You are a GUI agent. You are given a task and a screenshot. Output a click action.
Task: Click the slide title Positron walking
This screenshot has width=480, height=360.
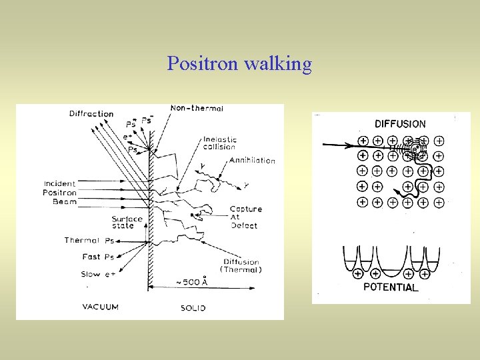239,64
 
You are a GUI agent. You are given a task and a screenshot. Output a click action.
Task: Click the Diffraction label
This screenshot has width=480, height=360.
91,114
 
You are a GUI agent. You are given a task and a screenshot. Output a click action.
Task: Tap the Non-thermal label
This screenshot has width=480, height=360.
197,108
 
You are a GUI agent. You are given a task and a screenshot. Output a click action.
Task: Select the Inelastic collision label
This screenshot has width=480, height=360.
220,144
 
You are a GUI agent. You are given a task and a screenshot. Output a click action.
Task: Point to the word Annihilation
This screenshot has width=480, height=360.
252,161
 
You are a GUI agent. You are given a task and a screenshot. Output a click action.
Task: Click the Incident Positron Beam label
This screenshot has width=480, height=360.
60,193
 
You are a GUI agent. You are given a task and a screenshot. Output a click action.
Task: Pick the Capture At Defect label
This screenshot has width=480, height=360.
245,217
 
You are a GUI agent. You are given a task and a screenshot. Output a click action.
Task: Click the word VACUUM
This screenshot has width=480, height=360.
101,307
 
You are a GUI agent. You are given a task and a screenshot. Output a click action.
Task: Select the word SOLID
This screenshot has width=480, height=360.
193,308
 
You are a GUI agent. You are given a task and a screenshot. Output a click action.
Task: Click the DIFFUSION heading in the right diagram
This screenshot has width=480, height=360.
400,123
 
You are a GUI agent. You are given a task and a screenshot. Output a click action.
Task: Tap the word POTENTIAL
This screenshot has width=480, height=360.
391,287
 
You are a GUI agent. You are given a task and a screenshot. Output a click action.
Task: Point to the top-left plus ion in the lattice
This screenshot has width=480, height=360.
363,141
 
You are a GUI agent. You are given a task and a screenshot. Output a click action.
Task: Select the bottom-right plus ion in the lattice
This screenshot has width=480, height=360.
439,201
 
